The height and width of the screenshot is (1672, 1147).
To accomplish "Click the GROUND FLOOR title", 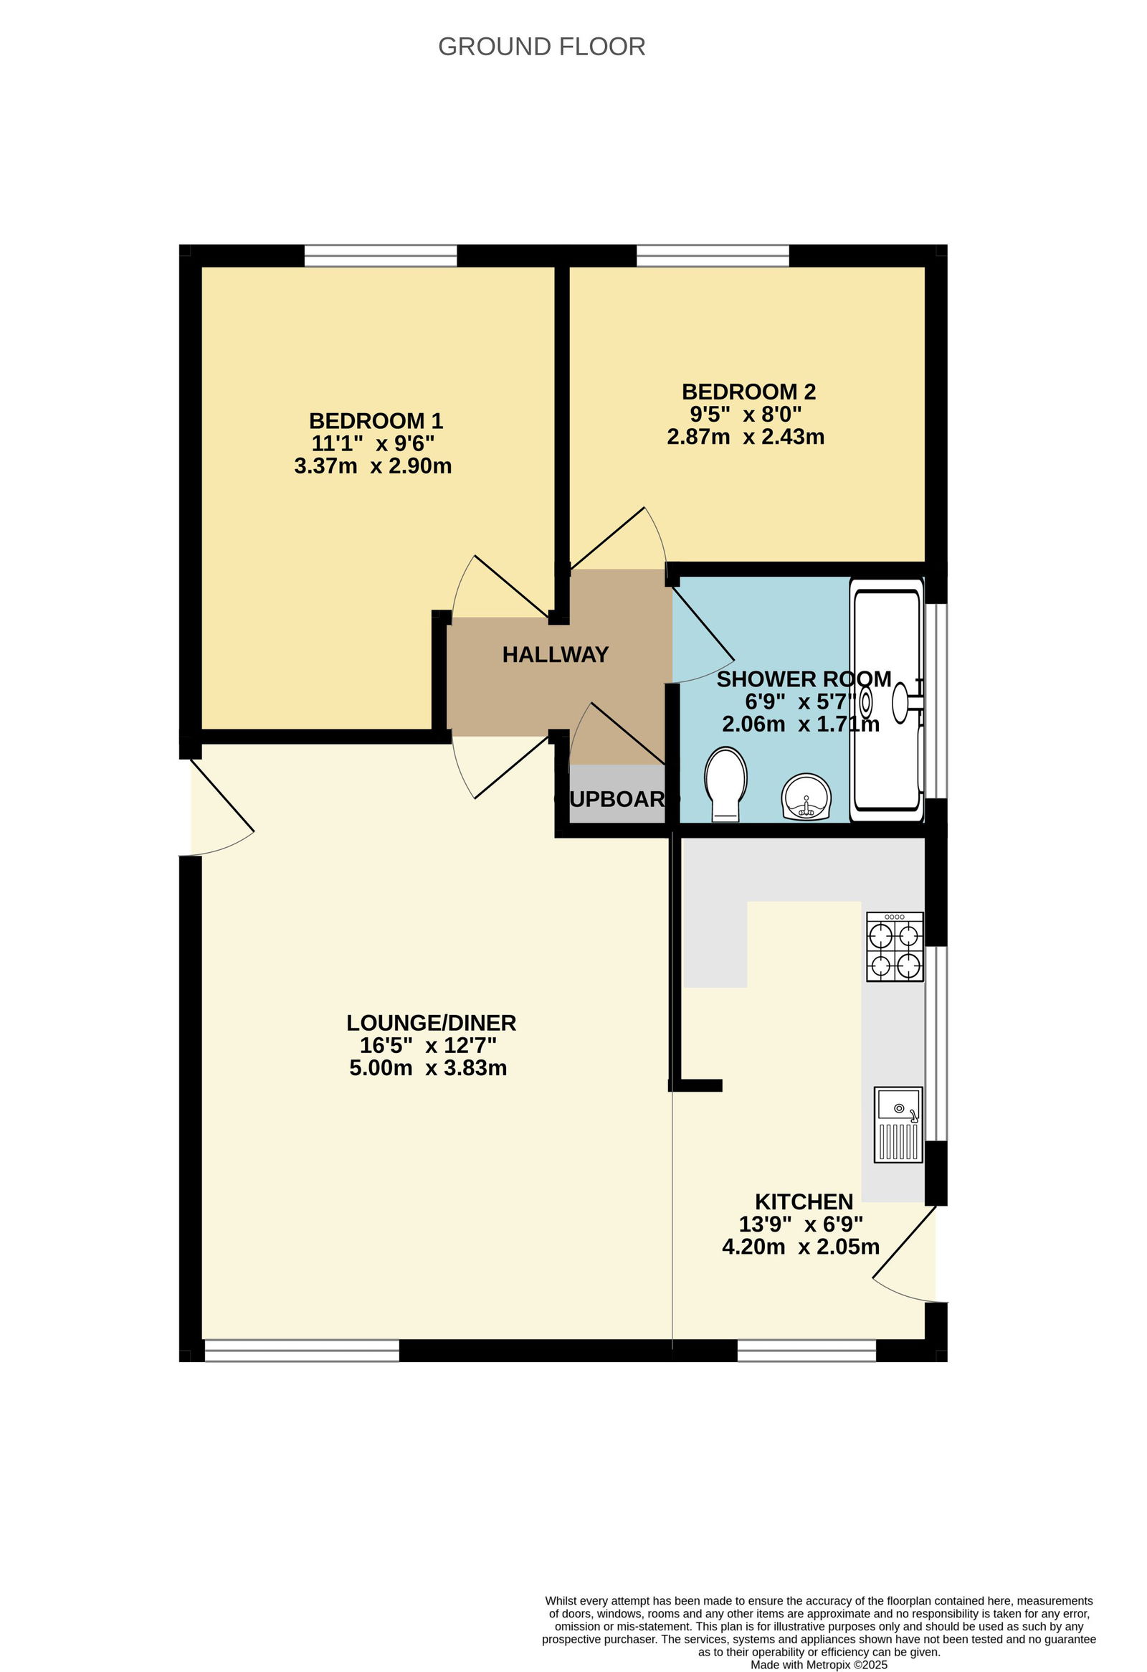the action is pos(541,47).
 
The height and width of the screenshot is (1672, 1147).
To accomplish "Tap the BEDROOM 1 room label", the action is pos(376,420).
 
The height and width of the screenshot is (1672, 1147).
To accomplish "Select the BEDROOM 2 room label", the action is pos(748,392).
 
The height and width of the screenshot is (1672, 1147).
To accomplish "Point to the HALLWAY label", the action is pos(555,654).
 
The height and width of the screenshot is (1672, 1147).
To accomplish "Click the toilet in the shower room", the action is pos(725,783).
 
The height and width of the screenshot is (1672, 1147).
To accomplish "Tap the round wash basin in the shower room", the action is pos(806,797).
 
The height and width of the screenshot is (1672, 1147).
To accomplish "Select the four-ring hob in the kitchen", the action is pos(895,947).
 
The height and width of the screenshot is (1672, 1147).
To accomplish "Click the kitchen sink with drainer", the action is pos(898,1125).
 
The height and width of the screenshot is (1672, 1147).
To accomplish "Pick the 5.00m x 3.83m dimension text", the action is pos(428,1067).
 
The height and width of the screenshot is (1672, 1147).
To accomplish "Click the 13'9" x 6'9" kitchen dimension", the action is pos(800,1224).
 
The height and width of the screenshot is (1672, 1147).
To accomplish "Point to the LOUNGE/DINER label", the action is pos(431,1022).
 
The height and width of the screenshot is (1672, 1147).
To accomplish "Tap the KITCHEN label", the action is pos(804,1201).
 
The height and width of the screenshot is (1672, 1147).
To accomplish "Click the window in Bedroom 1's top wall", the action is pos(381,255).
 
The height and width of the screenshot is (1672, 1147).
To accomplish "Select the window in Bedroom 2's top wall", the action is pos(713,255).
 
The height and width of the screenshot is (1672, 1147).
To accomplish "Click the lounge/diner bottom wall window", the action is pos(301,1351).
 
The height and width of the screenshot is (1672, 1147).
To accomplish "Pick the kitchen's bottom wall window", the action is pos(807,1351).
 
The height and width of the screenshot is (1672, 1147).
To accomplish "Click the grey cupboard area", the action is pos(617,794).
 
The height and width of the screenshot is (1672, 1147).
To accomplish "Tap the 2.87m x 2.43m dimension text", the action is pos(746,437).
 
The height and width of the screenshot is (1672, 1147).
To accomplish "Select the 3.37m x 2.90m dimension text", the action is pos(373,466).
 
